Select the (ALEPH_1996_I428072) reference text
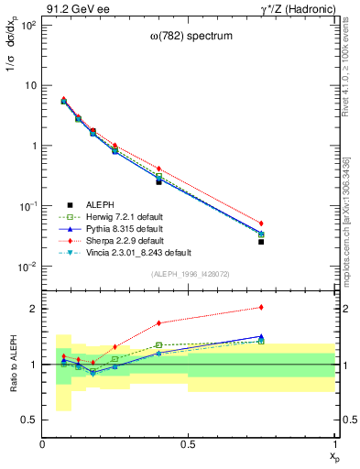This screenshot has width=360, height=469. [x=189, y=274]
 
